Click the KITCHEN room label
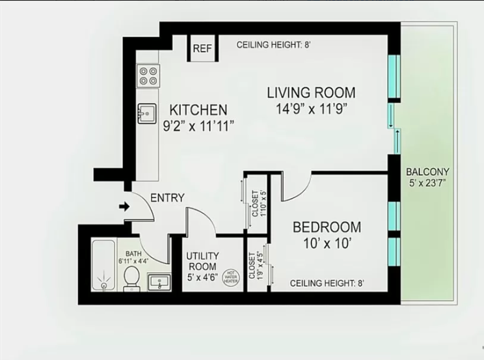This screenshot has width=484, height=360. pos(198,110)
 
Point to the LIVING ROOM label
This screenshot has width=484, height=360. pos(312,92)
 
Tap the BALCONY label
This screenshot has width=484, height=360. pos(427,172)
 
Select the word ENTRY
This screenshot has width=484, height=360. pos(167,198)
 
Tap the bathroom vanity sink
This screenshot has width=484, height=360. pos(159,283)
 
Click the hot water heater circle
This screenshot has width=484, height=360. pos(230,276)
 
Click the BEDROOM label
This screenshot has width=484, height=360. pos(327,227)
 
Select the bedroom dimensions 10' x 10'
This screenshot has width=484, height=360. pos(327,245)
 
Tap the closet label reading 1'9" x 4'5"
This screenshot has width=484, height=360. pos(256,266)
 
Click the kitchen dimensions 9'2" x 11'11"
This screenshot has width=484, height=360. pos(198,126)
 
